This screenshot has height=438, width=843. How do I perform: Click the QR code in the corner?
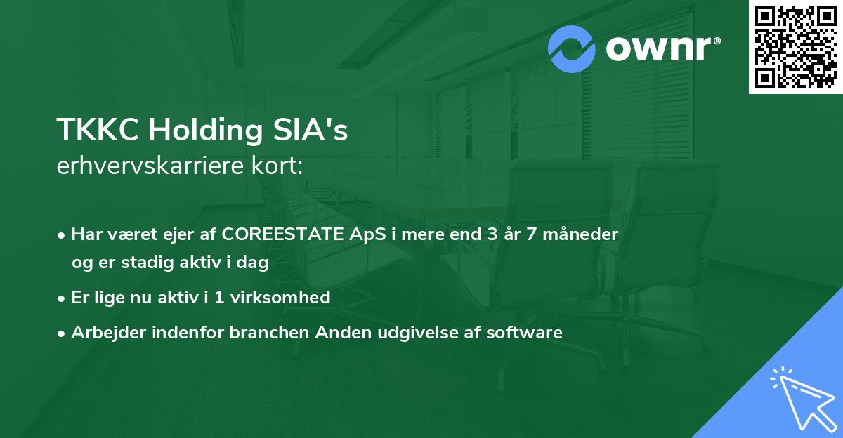point(796,46)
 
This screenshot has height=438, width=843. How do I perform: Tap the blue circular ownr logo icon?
point(573,49)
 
